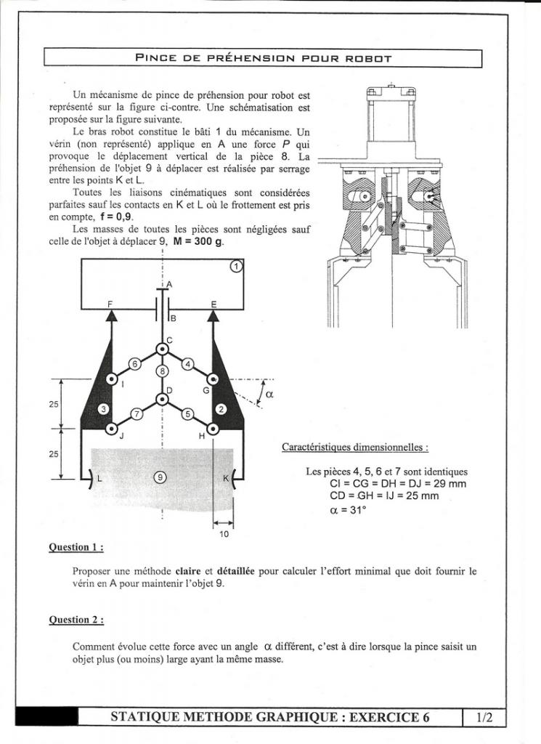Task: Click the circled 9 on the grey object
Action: pyautogui.click(x=160, y=477)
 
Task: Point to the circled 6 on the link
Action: pyautogui.click(x=134, y=363)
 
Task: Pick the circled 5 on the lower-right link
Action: pyautogui.click(x=187, y=414)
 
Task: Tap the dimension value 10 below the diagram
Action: pyautogui.click(x=224, y=534)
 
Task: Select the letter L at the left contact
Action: pyautogui.click(x=100, y=478)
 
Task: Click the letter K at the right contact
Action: pyautogui.click(x=225, y=478)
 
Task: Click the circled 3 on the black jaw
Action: pyautogui.click(x=104, y=410)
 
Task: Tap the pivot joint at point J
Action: pyautogui.click(x=111, y=429)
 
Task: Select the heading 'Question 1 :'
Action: pyautogui.click(x=76, y=547)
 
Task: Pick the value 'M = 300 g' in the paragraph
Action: pyautogui.click(x=197, y=242)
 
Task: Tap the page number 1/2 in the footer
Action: pyautogui.click(x=484, y=718)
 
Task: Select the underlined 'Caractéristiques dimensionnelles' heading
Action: pyautogui.click(x=354, y=448)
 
